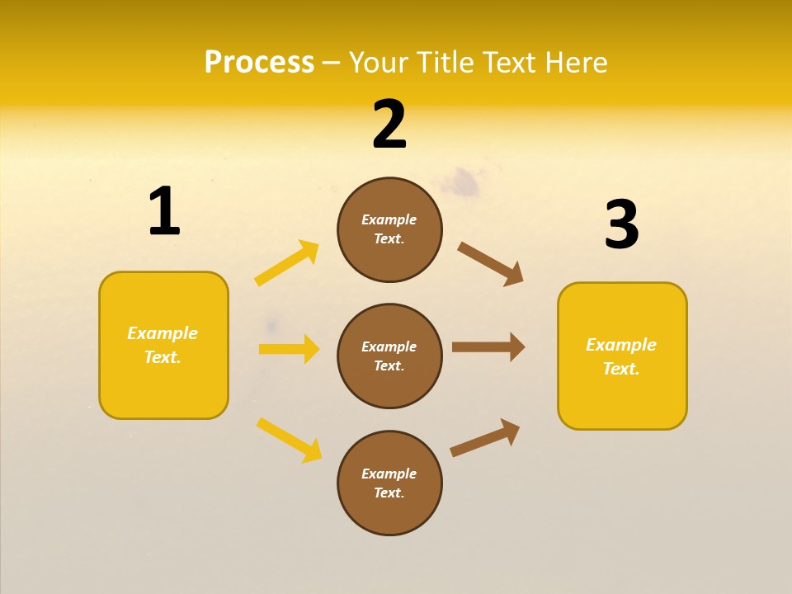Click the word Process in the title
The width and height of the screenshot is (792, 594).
click(259, 62)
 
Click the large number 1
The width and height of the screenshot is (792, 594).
click(163, 212)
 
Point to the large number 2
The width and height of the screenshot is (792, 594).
click(389, 125)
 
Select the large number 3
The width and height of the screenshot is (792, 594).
click(621, 224)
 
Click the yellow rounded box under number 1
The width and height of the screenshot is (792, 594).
click(163, 345)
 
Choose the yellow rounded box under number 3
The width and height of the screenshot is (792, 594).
click(622, 356)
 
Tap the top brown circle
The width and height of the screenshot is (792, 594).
click(389, 229)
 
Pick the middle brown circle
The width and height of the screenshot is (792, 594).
click(389, 356)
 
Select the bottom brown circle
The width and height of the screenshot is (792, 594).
click(389, 483)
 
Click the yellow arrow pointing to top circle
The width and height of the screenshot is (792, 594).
click(287, 263)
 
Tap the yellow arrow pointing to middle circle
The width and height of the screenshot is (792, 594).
click(289, 349)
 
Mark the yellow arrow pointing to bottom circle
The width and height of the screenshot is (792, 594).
click(289, 440)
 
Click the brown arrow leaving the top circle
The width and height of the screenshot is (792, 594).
click(491, 264)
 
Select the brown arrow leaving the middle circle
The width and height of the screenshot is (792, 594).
click(488, 346)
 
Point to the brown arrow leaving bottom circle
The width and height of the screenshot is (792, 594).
click(485, 437)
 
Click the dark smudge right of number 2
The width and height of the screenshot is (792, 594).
click(466, 183)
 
